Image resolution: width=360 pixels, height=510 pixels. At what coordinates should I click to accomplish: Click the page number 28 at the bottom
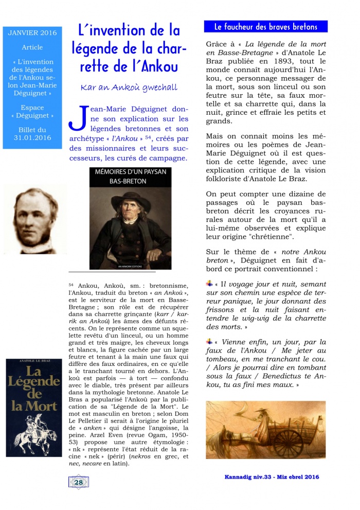click(x=79, y=482)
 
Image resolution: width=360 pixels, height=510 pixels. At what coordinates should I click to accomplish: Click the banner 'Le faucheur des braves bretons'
click(x=266, y=27)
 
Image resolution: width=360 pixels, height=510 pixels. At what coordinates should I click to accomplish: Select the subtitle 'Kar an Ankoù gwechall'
click(x=129, y=88)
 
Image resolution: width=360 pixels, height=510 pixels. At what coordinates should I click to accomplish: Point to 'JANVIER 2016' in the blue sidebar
click(x=32, y=33)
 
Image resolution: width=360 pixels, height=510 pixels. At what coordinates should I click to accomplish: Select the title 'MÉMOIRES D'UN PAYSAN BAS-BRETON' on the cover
click(x=130, y=176)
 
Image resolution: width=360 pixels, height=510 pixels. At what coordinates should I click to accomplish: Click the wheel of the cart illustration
click(x=288, y=439)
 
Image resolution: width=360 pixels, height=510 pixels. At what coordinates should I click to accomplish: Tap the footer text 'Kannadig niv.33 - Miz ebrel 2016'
click(x=272, y=477)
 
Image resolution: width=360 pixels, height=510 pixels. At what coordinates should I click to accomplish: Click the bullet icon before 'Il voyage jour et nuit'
click(x=209, y=283)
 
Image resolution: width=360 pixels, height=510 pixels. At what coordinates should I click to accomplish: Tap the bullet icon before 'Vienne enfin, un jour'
click(x=209, y=341)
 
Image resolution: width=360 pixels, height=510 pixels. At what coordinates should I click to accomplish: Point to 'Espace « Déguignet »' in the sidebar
click(x=32, y=113)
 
